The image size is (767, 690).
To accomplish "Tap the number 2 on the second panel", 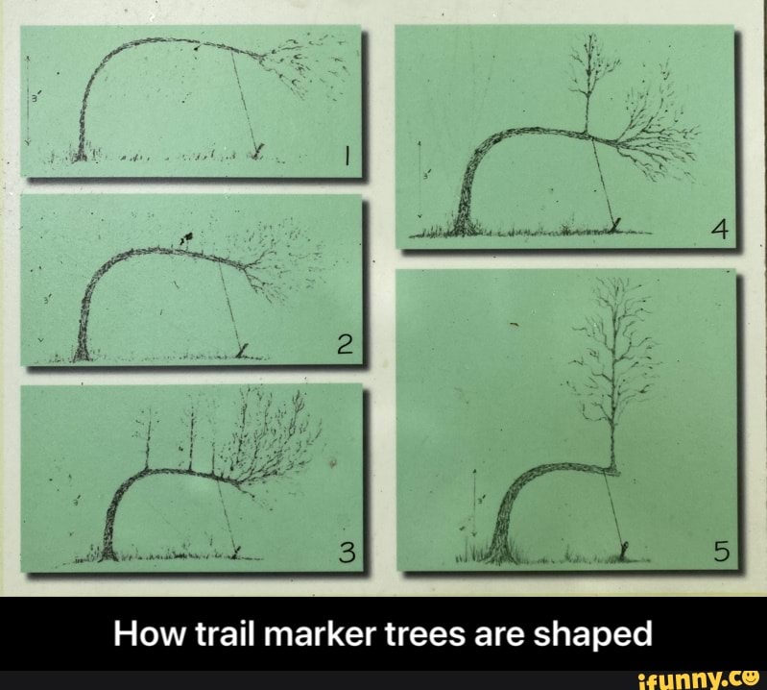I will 346,344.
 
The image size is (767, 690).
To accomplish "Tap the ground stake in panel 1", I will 259,148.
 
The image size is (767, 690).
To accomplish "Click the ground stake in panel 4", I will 617,225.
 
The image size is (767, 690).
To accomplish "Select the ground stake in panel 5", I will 625,551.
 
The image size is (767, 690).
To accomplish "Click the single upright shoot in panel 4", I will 587,86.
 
